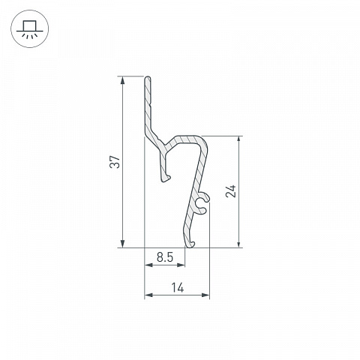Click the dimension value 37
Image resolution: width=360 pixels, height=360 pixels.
coord(115,162)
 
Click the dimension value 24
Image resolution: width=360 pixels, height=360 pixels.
coord(231,191)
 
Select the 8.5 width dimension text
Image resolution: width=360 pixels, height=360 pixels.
coord(165,257)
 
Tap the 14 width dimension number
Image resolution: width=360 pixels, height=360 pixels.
coord(178,287)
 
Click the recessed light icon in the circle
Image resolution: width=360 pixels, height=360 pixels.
coord(30,29)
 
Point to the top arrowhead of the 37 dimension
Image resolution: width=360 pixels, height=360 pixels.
coord(122,80)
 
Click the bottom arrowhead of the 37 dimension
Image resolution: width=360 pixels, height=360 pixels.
coord(122,243)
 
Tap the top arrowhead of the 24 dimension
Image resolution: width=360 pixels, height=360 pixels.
coord(239,140)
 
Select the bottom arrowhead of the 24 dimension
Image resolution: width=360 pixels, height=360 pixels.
coord(239,243)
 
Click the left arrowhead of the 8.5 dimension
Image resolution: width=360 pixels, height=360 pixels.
coord(148,265)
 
